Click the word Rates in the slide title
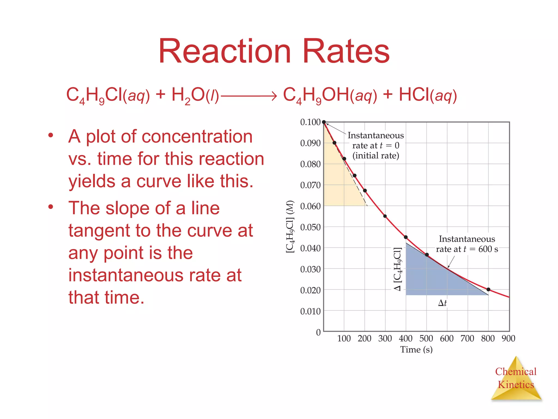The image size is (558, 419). coord(346,51)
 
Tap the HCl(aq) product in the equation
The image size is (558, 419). coord(427,95)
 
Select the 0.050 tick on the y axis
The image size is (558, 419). coord(310,227)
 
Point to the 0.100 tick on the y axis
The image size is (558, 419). coord(310,122)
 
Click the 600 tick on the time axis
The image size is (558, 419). coord(447,339)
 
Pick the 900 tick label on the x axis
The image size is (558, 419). coord(508,339)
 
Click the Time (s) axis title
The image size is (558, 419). coord(416,350)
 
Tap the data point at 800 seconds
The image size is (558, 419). coord(488,289)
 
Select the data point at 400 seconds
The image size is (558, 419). coord(406,237)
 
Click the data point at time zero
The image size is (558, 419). coord(324,122)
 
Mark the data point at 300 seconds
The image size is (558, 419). coord(385,216)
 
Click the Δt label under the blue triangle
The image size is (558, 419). coord(442,303)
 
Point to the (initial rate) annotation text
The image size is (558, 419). coord(376,156)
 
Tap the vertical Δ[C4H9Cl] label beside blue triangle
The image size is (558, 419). coord(398,269)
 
